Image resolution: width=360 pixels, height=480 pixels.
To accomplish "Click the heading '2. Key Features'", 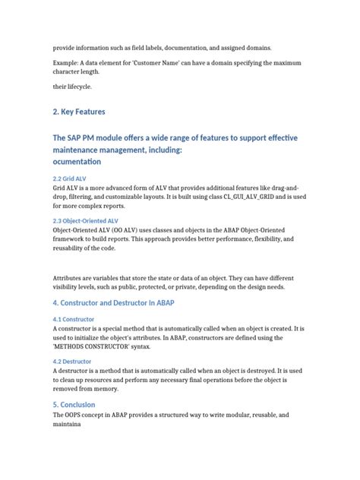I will point(79,112).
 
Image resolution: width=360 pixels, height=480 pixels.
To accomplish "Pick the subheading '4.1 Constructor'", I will point(74,319).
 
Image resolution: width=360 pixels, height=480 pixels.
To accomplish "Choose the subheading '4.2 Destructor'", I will point(73,362).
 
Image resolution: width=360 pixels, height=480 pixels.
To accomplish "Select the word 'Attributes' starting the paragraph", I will point(72,278).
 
